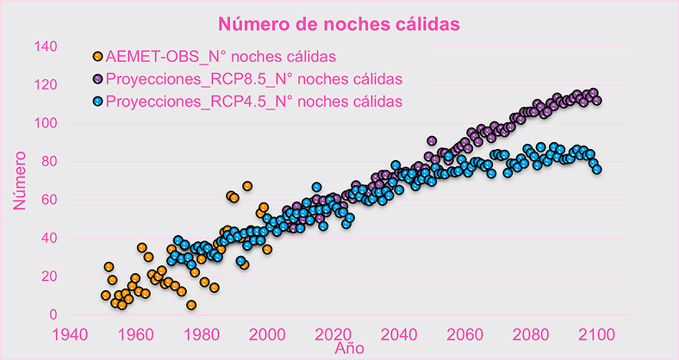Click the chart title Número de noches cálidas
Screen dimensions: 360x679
coord(339,23)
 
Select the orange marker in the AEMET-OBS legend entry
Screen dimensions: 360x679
coord(97,58)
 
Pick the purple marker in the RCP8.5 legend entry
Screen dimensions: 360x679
coord(97,79)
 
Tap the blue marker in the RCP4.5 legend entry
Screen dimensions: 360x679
coord(97,102)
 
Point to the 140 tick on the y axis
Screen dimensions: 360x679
coord(46,47)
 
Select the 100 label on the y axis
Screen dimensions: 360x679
coord(46,123)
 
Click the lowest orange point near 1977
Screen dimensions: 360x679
coord(191,305)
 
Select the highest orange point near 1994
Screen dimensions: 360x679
coord(247,186)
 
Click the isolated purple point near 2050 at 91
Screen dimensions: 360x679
coord(432,141)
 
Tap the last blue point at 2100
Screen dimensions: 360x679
coord(596,169)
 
